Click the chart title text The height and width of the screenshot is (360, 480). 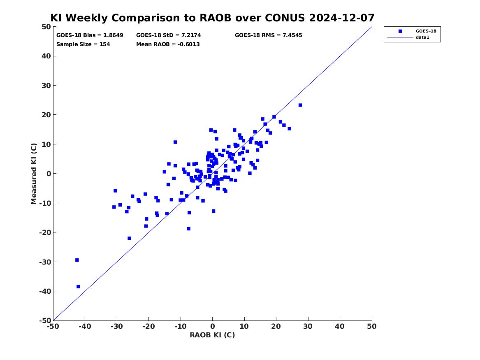[212, 18]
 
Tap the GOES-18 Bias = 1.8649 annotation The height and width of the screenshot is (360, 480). [90, 35]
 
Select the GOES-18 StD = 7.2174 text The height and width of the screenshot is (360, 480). [169, 35]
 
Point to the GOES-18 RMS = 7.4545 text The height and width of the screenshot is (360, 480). [269, 35]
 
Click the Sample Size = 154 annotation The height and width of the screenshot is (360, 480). [83, 44]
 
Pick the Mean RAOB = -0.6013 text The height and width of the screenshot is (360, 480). [168, 44]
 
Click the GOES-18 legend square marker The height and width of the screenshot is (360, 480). [400, 31]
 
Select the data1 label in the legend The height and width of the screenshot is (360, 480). [422, 37]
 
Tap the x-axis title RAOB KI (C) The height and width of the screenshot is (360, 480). [212, 335]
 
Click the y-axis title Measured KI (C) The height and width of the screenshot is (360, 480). [34, 174]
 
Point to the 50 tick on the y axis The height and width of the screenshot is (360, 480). [46, 27]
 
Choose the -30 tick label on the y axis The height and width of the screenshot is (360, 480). [45, 262]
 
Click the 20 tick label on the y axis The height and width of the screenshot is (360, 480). [46, 115]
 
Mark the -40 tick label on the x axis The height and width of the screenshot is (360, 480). [85, 326]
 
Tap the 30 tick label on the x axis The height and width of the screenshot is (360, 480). [308, 326]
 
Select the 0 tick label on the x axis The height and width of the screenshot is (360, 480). [213, 326]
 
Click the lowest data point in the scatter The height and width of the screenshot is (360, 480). [79, 286]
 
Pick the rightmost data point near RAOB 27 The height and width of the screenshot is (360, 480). [300, 105]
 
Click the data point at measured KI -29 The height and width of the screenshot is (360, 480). [77, 260]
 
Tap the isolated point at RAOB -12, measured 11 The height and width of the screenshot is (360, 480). [175, 142]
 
